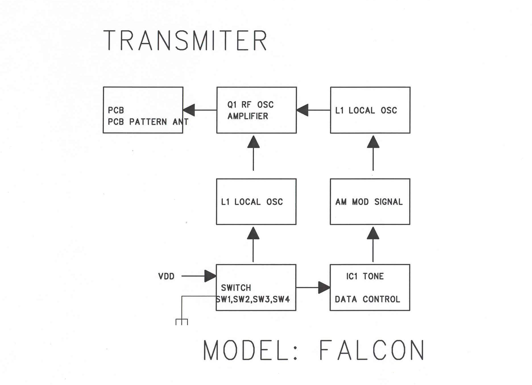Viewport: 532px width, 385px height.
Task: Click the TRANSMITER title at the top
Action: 185,40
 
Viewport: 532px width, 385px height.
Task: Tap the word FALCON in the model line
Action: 372,350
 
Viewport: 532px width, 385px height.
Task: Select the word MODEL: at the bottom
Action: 250,350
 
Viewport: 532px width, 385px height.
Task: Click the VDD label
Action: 166,276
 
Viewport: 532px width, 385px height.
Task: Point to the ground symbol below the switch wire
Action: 182,322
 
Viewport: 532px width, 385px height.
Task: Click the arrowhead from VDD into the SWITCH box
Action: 210,276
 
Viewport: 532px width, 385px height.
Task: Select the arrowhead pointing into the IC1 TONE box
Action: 324,288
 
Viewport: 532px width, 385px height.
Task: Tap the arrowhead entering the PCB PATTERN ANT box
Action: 189,110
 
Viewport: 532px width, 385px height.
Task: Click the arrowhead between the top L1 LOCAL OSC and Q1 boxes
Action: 303,110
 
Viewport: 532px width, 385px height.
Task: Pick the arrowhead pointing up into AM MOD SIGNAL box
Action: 373,233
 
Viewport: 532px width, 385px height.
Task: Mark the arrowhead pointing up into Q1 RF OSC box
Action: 253,142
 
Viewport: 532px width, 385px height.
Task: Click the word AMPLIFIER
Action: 248,116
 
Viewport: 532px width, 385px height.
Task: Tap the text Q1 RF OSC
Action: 250,105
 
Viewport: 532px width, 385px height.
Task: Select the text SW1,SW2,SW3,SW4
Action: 253,299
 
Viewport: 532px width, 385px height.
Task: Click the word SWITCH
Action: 236,288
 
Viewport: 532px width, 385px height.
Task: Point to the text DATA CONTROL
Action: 367,299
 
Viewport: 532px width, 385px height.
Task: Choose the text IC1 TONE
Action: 365,276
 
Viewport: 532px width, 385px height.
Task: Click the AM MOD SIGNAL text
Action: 369,202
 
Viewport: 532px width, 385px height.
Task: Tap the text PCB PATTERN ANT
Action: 148,122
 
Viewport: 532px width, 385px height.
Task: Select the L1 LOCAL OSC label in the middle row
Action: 252,202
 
